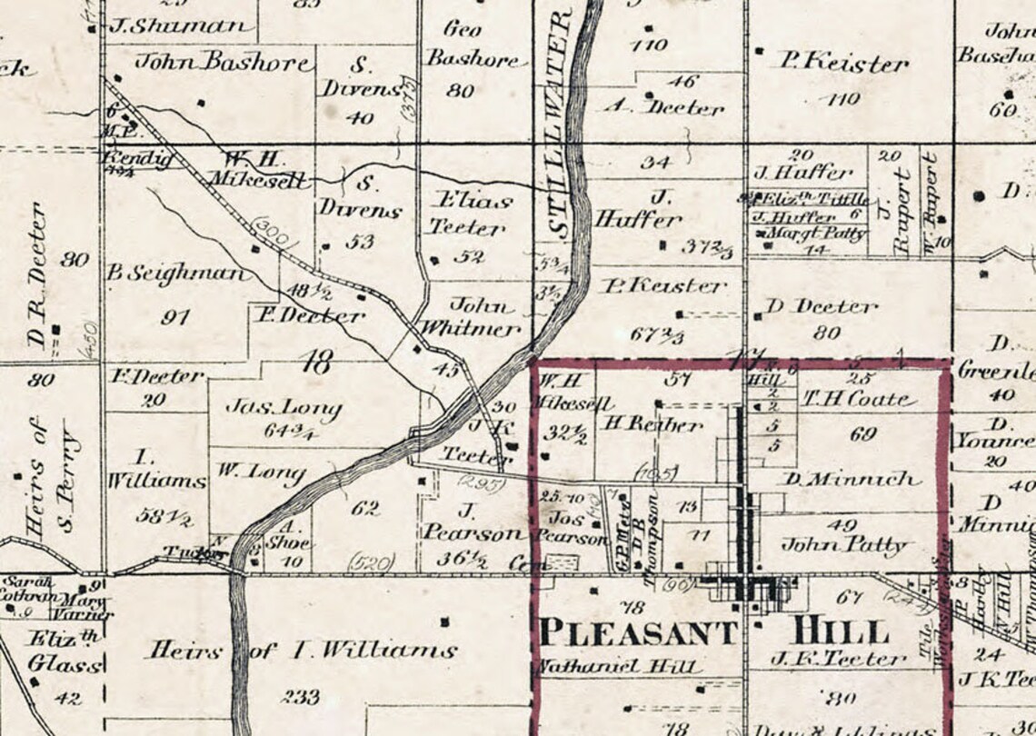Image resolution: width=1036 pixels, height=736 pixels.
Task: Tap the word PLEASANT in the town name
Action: coord(637,632)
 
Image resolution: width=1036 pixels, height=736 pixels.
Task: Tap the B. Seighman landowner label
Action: coord(175,273)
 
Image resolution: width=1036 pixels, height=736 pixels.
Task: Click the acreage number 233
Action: coord(300,697)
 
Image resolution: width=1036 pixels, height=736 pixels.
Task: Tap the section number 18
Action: coord(315,365)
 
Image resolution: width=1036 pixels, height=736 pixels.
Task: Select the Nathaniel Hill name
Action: coord(620,666)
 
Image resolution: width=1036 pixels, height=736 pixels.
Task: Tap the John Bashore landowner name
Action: coord(224,62)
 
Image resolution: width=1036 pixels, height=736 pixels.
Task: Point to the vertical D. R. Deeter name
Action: coord(37,274)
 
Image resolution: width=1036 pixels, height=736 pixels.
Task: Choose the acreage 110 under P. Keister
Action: coord(842,99)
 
